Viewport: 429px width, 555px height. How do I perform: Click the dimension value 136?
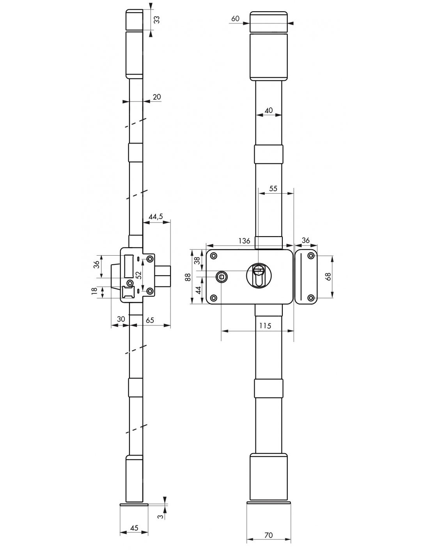pyautogui.click(x=244, y=241)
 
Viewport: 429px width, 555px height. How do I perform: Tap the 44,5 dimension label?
pyautogui.click(x=156, y=217)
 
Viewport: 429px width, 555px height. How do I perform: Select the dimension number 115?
pyautogui.click(x=265, y=326)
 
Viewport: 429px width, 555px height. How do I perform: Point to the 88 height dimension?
pyautogui.click(x=188, y=277)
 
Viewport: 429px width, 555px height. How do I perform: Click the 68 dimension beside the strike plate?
pyautogui.click(x=328, y=276)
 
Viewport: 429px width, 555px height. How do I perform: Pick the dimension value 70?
pyautogui.click(x=268, y=535)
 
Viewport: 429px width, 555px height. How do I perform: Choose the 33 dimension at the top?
pyautogui.click(x=157, y=20)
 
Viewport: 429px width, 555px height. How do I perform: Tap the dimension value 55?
pyautogui.click(x=273, y=189)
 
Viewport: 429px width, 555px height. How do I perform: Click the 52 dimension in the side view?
pyautogui.click(x=138, y=275)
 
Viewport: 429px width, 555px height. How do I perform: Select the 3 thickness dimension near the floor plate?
pyautogui.click(x=160, y=516)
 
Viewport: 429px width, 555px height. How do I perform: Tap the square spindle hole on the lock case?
pyautogui.click(x=221, y=277)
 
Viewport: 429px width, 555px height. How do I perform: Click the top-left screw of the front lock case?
pyautogui.click(x=214, y=256)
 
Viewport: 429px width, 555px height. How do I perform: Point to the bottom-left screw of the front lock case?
pyautogui.click(x=214, y=298)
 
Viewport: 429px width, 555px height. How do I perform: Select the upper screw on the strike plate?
pyautogui.click(x=311, y=255)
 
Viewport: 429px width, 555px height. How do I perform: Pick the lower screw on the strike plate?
pyautogui.click(x=311, y=298)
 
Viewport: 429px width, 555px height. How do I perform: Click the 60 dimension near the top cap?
pyautogui.click(x=235, y=19)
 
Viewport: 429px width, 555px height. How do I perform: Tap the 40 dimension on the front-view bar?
pyautogui.click(x=268, y=110)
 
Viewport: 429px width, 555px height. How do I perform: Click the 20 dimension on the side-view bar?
pyautogui.click(x=157, y=97)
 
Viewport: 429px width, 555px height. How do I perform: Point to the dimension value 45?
pyautogui.click(x=134, y=527)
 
